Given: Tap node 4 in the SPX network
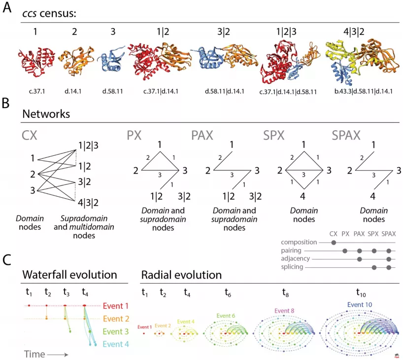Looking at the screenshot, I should (x=303, y=196).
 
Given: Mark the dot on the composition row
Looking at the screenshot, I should (x=335, y=243).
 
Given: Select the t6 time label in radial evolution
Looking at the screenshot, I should (x=228, y=292).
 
